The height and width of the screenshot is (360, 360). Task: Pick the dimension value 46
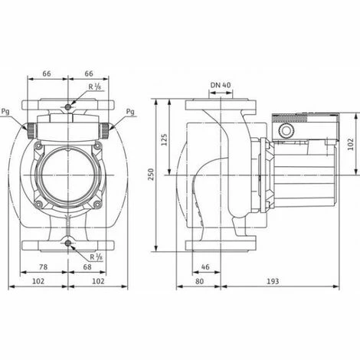(x=205, y=267)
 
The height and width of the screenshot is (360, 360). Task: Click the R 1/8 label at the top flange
(x=94, y=89)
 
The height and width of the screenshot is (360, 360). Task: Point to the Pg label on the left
(x=7, y=112)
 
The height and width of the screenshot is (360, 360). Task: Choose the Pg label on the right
(x=129, y=112)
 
